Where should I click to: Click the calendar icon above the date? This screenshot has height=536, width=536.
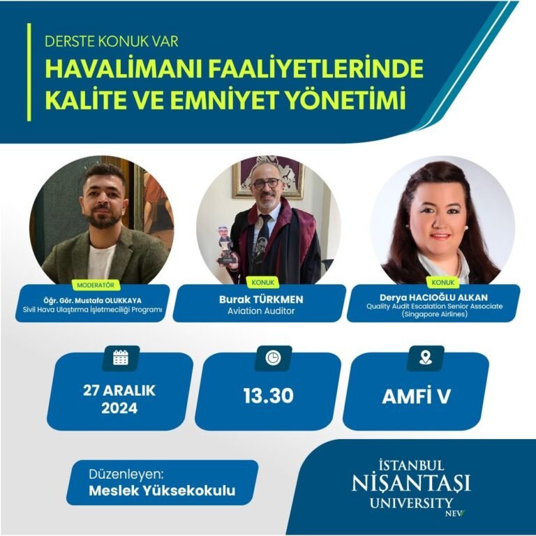pos(120,358)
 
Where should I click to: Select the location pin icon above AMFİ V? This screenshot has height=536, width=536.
pos(425,358)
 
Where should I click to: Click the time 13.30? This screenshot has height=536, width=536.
pos(269,396)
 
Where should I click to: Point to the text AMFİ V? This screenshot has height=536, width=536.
pos(416,396)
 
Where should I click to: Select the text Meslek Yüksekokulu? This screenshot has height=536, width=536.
pos(162,491)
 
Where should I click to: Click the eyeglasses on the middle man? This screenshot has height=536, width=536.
pos(266,184)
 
